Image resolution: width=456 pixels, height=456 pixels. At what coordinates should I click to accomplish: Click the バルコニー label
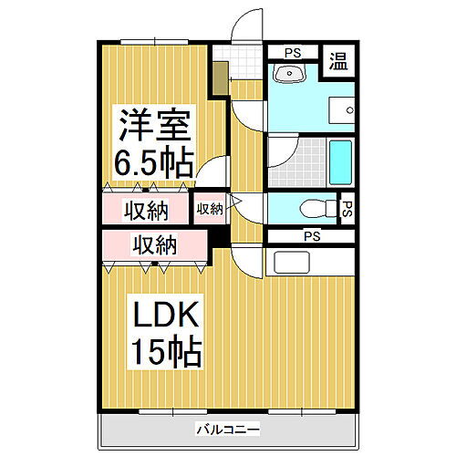[x=227, y=429]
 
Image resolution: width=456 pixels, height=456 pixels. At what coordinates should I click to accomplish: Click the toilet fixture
[x=314, y=206]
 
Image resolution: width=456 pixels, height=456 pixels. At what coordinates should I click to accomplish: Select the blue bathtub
[x=340, y=162]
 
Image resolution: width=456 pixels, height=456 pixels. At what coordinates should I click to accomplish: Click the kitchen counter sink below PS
[x=292, y=264]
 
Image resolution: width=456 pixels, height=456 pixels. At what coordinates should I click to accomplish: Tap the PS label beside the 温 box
[x=295, y=53]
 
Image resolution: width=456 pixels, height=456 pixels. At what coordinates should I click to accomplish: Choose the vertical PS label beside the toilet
[x=347, y=208]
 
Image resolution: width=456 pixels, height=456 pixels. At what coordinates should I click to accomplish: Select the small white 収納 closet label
[x=210, y=209]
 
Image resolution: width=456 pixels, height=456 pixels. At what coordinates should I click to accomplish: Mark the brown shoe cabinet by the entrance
[x=219, y=78]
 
